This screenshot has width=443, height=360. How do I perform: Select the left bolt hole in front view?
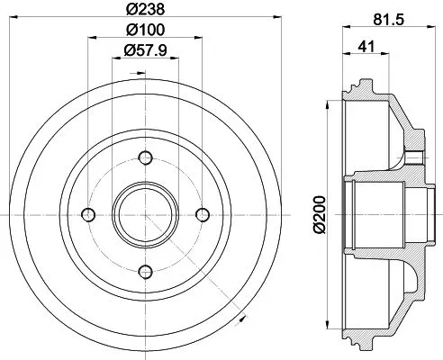point(88,213)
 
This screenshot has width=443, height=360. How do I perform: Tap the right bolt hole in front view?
point(202,213)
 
